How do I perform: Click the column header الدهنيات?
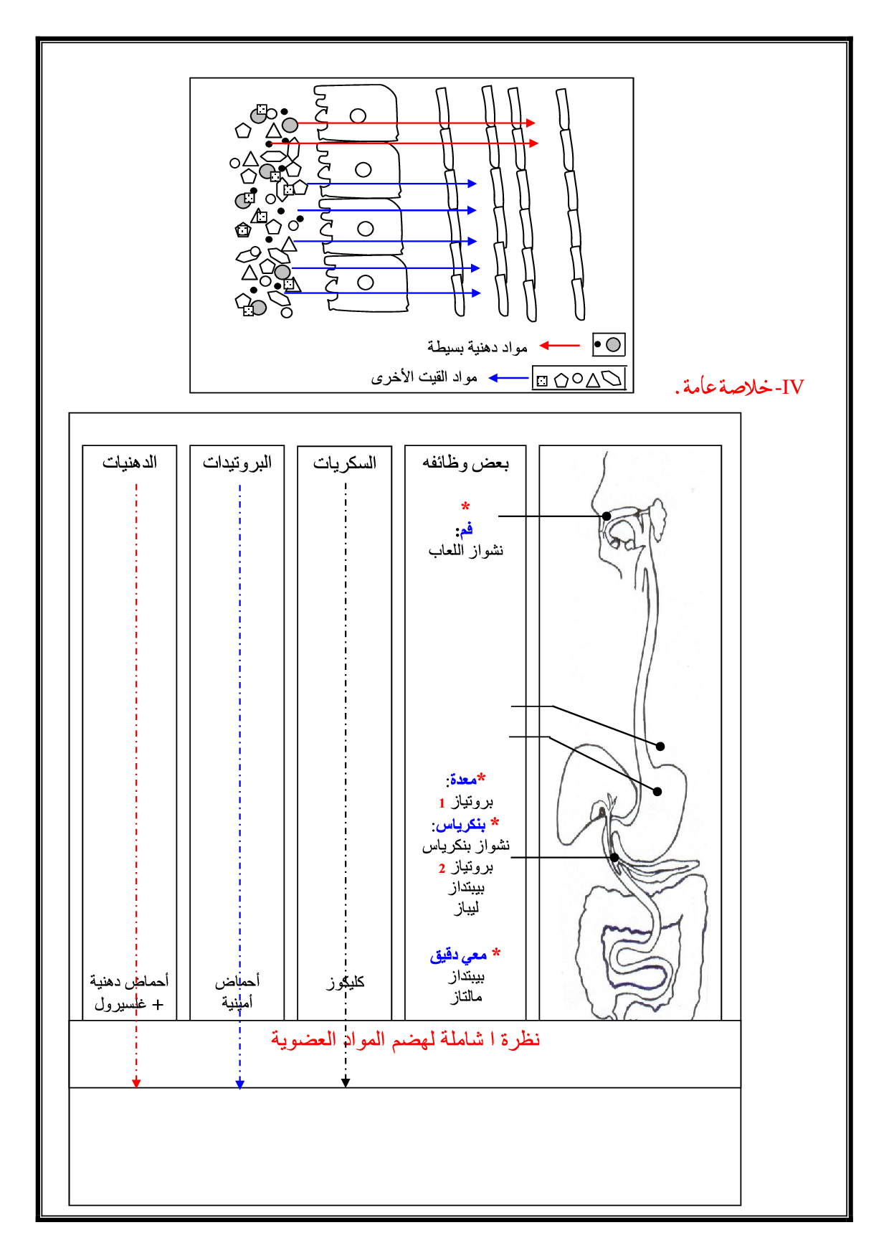130,463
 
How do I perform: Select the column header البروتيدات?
237,463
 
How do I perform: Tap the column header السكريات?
345,463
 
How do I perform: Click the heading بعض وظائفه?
465,463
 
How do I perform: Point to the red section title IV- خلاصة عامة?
741,387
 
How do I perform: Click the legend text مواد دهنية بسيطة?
477,347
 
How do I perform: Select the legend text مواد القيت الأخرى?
424,377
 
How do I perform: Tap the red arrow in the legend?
559,346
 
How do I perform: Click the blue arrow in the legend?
508,378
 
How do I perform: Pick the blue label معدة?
463,780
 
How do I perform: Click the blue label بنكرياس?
461,824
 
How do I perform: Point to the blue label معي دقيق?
459,955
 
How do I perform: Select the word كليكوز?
346,982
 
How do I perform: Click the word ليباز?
466,908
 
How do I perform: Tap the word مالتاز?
466,997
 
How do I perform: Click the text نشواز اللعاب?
466,551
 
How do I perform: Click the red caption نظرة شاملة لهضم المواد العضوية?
405,1039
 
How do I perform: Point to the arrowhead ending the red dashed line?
136,1083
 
